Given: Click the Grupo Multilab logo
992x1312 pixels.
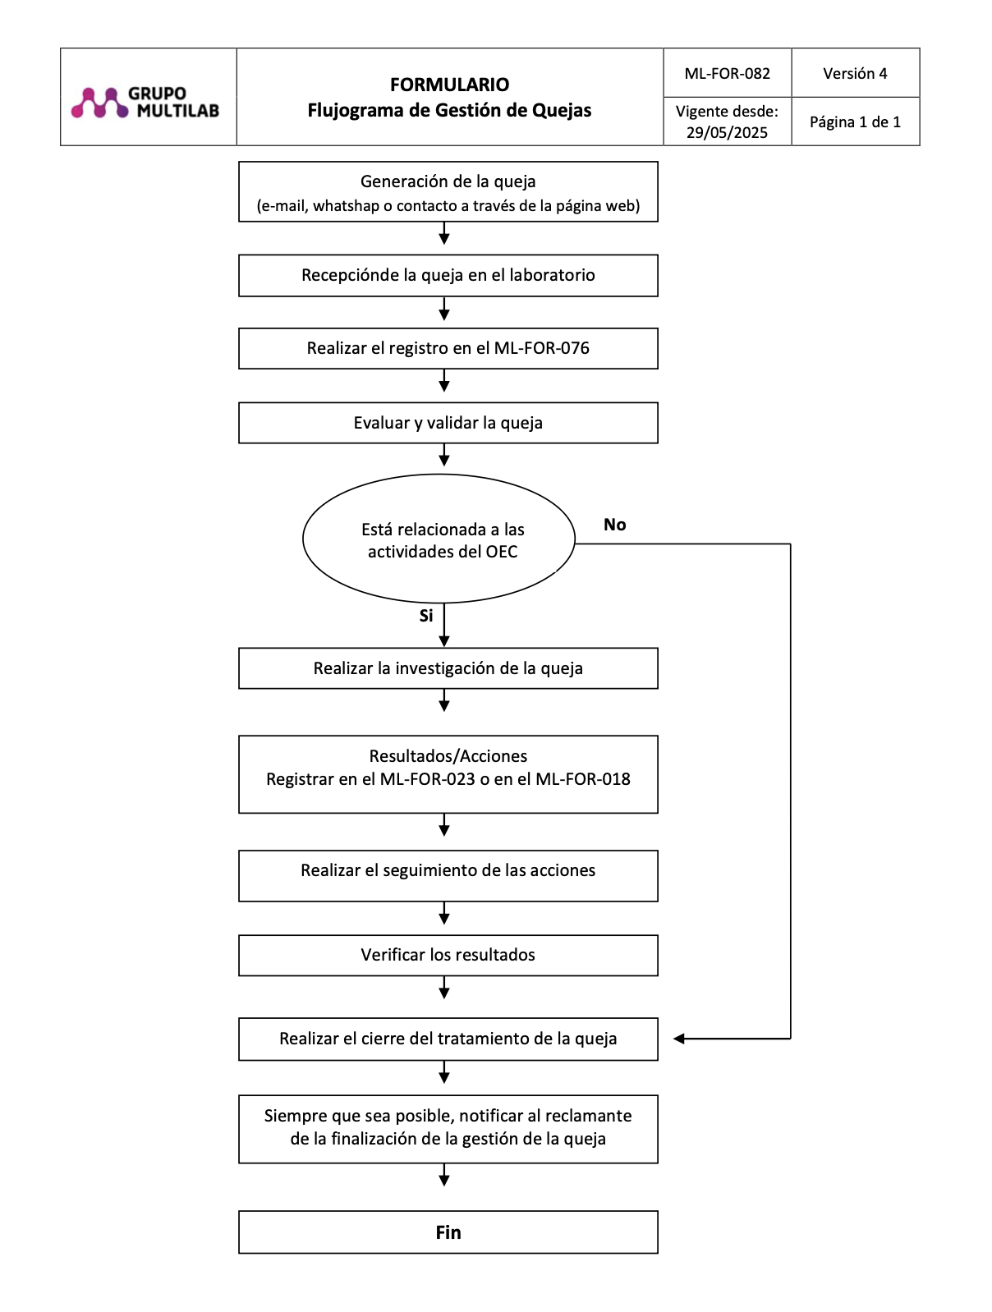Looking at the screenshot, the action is point(145,102).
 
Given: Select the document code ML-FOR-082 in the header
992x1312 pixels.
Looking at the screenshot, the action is point(727,74).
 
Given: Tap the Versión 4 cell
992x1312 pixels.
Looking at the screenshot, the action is point(855,73).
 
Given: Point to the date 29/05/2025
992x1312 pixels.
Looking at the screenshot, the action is point(727,132).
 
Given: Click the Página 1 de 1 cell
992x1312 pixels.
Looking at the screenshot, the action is point(855,122).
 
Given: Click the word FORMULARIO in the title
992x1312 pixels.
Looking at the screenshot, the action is point(449,85).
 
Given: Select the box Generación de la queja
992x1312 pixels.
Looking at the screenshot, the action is point(448,191).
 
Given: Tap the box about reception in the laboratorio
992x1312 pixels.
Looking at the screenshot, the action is point(448,276).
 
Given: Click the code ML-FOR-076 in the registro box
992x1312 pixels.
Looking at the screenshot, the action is point(541,348).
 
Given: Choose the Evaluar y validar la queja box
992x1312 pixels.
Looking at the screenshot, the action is point(448,423).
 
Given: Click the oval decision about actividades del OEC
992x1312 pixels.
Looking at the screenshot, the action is point(439,538).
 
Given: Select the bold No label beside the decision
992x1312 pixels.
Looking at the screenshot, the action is point(614,524).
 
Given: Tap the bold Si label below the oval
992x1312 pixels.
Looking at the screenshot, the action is point(425,615).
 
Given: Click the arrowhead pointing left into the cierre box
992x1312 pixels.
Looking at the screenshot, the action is point(679,1039).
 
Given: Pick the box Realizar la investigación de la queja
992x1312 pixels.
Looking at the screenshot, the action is point(448,668).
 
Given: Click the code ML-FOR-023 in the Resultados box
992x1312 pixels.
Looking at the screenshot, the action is point(427,779).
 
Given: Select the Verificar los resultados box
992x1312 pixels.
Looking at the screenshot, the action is point(448,955).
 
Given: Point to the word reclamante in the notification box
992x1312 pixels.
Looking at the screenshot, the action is point(588,1115).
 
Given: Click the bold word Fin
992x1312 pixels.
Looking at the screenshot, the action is point(448,1232).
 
